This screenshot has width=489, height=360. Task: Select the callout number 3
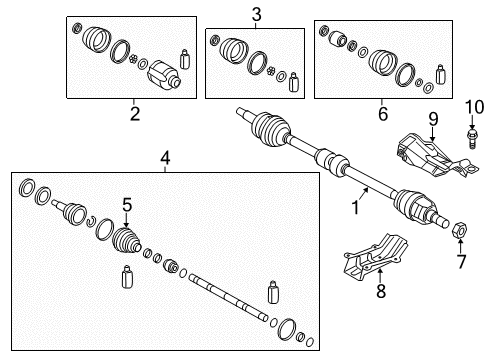coord(256,13)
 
